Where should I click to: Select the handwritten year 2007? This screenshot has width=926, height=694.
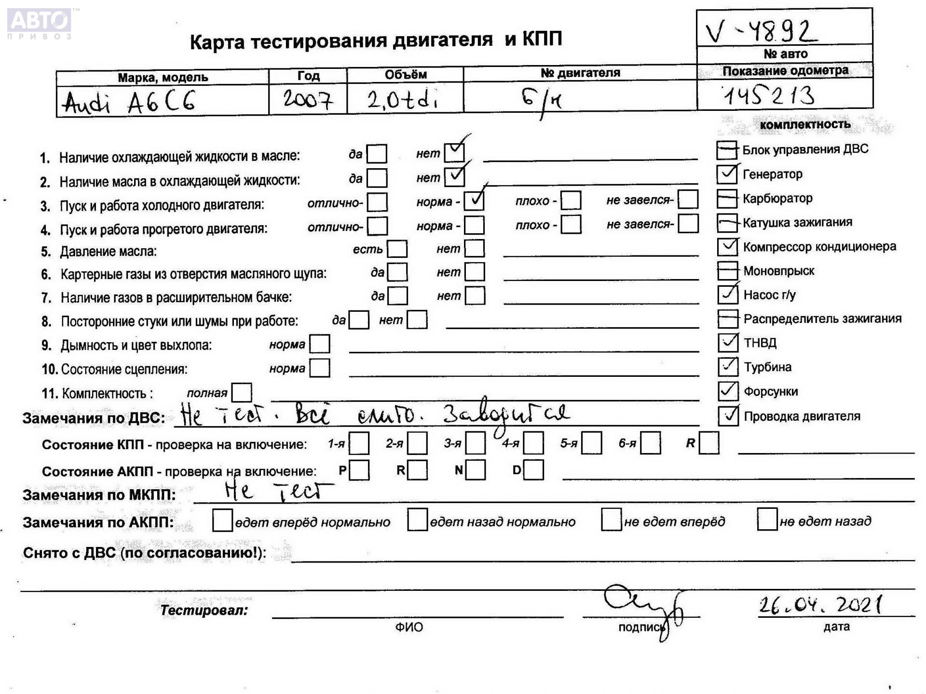coord(308,100)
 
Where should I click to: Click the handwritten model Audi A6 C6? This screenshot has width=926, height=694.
coord(129,102)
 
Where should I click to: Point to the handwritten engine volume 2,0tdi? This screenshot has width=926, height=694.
coord(403,100)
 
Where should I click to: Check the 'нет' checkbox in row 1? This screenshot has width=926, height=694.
coord(454,153)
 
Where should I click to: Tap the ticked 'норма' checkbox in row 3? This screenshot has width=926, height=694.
coord(474,200)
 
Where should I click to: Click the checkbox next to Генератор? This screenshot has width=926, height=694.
coord(727,174)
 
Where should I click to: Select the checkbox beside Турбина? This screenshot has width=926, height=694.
coord(728,367)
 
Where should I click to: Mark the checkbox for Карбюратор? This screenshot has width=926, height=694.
coord(727,198)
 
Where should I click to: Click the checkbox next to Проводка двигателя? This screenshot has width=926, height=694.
coord(728,415)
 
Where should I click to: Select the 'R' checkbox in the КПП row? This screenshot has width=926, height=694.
coord(708,443)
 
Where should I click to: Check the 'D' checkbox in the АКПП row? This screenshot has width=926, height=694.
coord(533,470)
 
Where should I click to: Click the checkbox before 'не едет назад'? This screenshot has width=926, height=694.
coord(767,519)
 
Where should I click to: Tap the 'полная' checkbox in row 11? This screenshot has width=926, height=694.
coord(242,392)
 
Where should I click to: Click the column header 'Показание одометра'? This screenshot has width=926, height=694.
coord(785,71)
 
